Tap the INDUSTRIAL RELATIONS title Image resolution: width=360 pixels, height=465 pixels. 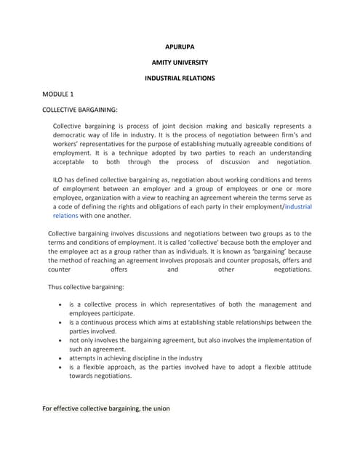(x=180, y=78)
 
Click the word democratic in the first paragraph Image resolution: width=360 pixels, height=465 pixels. (x=73, y=136)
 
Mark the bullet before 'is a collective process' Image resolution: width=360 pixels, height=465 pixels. (x=58, y=305)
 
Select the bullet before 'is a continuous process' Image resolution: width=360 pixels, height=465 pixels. (x=58, y=323)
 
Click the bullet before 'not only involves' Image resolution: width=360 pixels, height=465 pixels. (x=58, y=341)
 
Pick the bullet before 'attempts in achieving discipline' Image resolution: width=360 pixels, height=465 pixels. (x=58, y=358)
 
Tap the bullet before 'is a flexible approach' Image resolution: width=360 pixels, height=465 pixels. (x=58, y=368)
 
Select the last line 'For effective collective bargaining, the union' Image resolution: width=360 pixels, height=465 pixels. (x=106, y=408)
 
